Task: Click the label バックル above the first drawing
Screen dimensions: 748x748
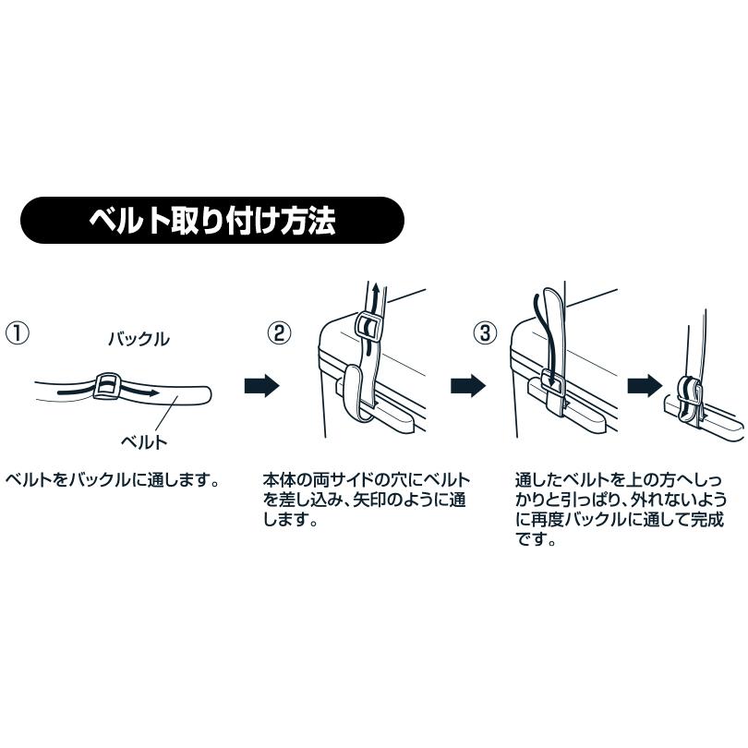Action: (139, 339)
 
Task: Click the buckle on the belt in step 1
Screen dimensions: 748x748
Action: (107, 385)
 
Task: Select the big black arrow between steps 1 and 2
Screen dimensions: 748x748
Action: (261, 386)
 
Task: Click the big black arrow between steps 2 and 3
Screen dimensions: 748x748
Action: (468, 386)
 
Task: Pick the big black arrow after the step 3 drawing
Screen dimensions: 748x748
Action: (644, 386)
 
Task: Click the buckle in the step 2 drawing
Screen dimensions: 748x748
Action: (368, 328)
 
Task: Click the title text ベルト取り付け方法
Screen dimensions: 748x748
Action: (211, 220)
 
